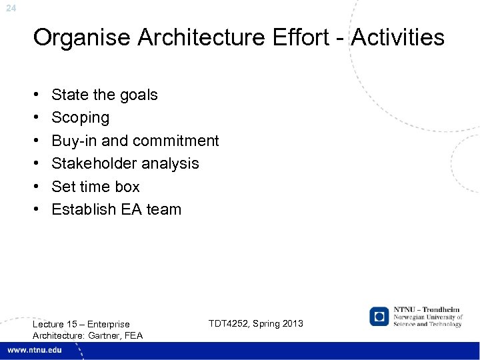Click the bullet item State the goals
(x=104, y=95)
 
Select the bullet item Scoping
(x=80, y=118)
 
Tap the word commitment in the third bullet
(x=175, y=141)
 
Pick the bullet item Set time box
(x=95, y=187)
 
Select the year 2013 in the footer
(x=291, y=323)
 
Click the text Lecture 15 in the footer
(x=55, y=324)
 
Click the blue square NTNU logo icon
(x=379, y=316)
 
